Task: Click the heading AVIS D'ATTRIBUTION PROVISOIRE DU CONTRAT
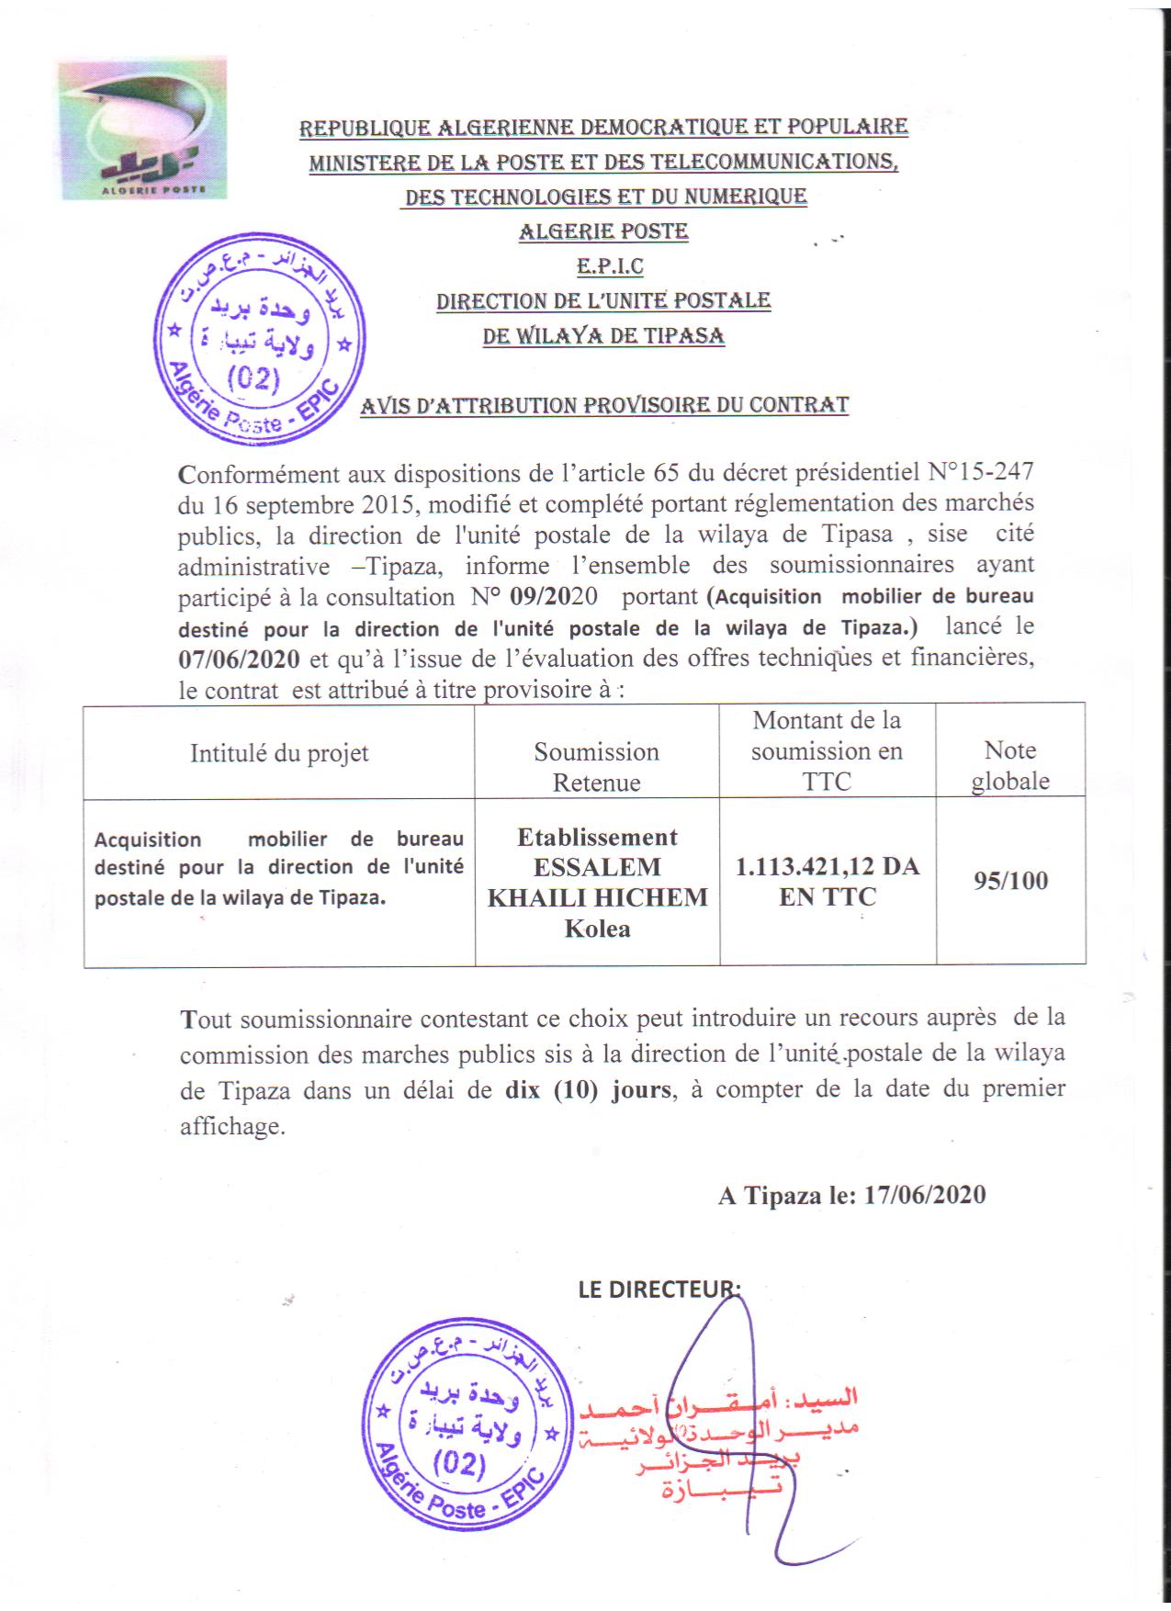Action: tap(604, 405)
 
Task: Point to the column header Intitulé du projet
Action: tap(279, 753)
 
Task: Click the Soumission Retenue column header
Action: tap(597, 767)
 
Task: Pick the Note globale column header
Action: tap(1010, 765)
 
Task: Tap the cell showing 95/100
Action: tap(1010, 881)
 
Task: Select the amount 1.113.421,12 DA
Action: tap(827, 866)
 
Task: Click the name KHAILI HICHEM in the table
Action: tap(597, 897)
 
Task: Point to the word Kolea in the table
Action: tap(597, 929)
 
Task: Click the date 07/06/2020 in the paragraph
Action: tap(239, 659)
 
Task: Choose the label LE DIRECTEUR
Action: tap(658, 1289)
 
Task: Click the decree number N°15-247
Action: tap(981, 472)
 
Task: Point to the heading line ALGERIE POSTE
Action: tap(603, 231)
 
